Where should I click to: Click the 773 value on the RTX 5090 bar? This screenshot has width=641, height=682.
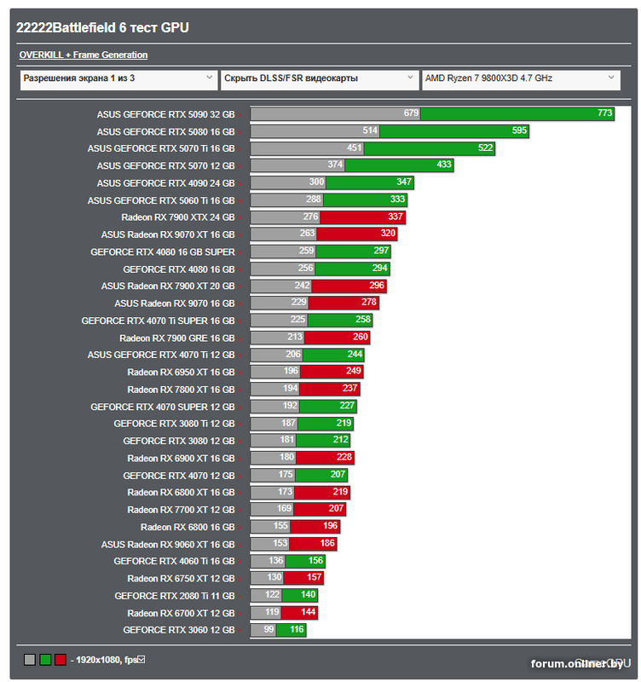[x=604, y=113]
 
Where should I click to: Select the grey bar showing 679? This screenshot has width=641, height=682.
[x=334, y=113]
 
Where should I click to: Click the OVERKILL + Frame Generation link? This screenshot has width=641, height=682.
[x=84, y=55]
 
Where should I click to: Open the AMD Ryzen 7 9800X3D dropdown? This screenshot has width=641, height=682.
[x=520, y=78]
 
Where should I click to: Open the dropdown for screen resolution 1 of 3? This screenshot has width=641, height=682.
[x=118, y=78]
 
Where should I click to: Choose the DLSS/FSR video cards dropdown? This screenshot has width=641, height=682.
[x=319, y=78]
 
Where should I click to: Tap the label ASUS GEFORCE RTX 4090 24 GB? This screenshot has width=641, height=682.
[x=165, y=182]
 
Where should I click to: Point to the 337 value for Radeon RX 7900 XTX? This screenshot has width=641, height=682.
[x=396, y=217]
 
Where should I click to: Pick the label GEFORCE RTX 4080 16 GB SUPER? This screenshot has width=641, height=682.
[x=162, y=251]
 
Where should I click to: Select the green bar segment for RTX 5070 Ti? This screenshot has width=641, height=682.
[x=418, y=148]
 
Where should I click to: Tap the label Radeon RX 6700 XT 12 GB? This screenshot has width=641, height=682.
[x=181, y=613]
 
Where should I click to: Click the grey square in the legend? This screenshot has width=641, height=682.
[x=30, y=659]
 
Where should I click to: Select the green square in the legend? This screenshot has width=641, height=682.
[x=44, y=659]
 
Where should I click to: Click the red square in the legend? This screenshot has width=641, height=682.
[x=60, y=659]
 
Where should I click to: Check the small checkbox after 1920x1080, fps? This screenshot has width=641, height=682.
[x=142, y=658]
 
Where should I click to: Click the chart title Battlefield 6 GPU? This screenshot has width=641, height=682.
[x=102, y=27]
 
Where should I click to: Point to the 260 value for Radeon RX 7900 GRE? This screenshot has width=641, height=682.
[x=360, y=338]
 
